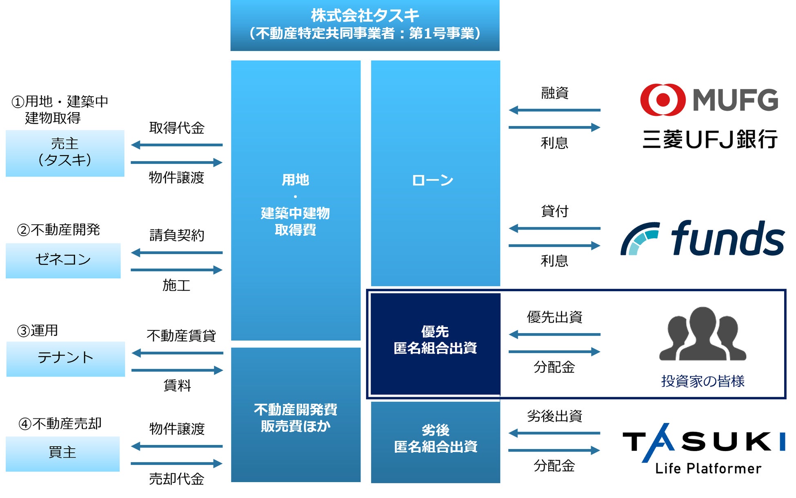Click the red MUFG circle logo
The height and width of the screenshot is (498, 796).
(x=662, y=100)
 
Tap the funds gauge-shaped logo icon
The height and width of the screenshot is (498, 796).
(x=639, y=239)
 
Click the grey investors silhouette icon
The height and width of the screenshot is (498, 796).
(x=703, y=334)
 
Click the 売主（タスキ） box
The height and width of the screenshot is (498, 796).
(x=65, y=153)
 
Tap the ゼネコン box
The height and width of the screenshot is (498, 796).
(x=63, y=261)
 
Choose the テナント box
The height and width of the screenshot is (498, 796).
(x=65, y=359)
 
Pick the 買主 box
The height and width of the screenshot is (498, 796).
(x=62, y=454)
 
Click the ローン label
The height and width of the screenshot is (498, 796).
(x=433, y=180)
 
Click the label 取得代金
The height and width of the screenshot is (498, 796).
(x=176, y=128)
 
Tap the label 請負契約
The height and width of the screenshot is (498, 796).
(x=176, y=235)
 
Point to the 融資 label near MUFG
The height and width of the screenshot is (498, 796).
(x=554, y=93)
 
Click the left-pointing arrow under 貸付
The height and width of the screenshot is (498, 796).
(x=554, y=228)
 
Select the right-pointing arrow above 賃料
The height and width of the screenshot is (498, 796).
(x=177, y=370)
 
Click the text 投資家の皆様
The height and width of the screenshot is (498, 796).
(x=703, y=381)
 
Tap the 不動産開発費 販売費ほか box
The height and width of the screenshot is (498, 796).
(x=296, y=417)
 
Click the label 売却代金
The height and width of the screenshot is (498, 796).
(x=176, y=479)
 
